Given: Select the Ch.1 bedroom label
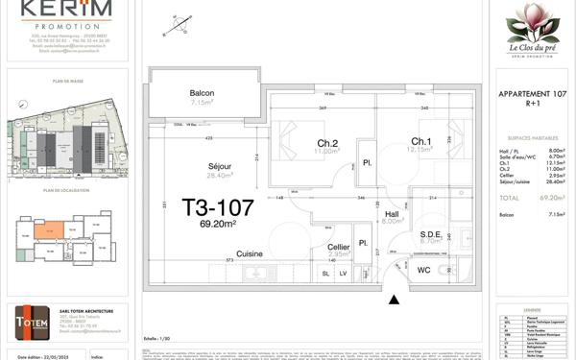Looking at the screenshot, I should pyautogui.click(x=420, y=141).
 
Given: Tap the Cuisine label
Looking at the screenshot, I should pyautogui.click(x=251, y=253).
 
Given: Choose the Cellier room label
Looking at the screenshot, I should pyautogui.click(x=338, y=247).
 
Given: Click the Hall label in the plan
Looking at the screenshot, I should pyautogui.click(x=391, y=214).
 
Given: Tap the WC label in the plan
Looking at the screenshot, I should pyautogui.click(x=423, y=270).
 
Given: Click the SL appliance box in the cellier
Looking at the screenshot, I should pyautogui.click(x=325, y=274).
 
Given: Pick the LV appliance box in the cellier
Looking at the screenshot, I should pyautogui.click(x=344, y=274).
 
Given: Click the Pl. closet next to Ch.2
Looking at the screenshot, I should pyautogui.click(x=366, y=163).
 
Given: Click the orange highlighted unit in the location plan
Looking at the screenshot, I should pyautogui.click(x=45, y=228).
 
